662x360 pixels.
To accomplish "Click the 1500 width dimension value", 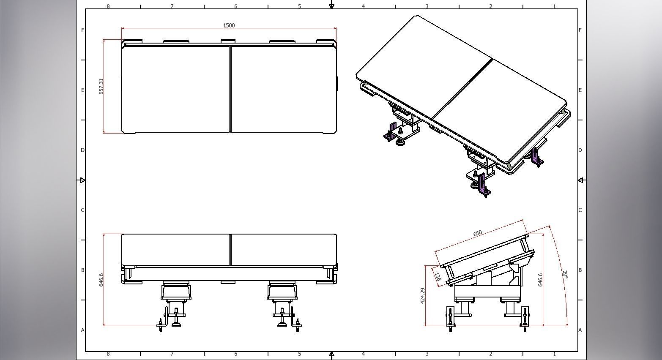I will [229, 25].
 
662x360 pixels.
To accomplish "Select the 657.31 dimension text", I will [101, 86].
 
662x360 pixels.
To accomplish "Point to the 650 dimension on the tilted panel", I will [477, 233].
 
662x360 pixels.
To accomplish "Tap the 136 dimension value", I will [438, 277].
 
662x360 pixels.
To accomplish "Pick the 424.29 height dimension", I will [423, 296].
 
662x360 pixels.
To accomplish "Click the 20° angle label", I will [565, 275].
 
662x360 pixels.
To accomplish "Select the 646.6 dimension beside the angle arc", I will [540, 280].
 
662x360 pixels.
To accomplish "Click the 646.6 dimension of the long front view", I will [101, 280].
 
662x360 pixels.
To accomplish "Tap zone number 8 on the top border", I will [108, 6].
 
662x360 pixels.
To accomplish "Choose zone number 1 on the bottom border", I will [554, 354].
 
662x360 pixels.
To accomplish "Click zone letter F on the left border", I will [82, 30].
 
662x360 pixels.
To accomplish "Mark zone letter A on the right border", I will [580, 330].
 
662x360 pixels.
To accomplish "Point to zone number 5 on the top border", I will [299, 6].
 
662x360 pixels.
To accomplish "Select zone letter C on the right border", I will [580, 210].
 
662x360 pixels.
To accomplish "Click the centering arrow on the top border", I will [331, 6].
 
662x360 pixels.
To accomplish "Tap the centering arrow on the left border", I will [82, 180].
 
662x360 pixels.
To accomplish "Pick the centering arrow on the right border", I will [581, 180].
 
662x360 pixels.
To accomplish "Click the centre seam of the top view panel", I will [230, 89].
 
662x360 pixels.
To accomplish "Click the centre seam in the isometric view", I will [463, 89].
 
